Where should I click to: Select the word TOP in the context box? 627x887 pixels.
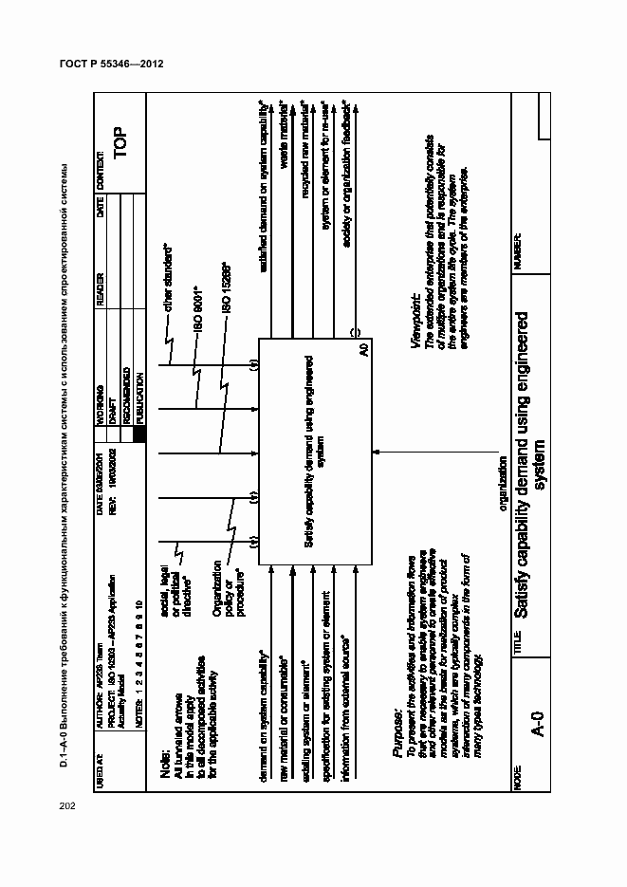[119, 139]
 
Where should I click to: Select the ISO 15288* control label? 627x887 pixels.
[225, 289]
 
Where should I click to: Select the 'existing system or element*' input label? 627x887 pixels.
[304, 720]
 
